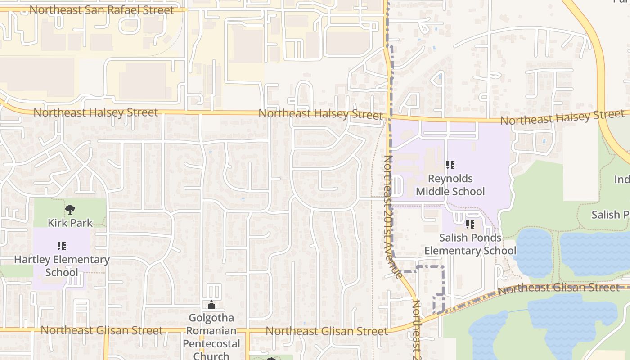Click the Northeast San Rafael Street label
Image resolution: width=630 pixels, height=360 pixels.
101,10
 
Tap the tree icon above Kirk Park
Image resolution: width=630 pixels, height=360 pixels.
70,209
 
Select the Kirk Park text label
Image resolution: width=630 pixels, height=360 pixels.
70,223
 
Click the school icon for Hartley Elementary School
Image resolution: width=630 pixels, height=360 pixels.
62,246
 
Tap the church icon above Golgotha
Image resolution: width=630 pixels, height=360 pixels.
211,305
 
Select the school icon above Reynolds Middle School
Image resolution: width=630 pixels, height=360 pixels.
450,165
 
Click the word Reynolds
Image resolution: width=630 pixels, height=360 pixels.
450,179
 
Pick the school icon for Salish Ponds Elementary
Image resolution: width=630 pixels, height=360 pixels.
470,224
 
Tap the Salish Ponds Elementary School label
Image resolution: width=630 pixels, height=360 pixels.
470,244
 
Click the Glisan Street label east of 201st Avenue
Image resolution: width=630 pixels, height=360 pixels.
558,288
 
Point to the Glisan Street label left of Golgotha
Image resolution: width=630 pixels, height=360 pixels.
101,330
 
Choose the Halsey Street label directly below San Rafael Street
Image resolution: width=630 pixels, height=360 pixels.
95,112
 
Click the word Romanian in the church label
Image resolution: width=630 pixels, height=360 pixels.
211,331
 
